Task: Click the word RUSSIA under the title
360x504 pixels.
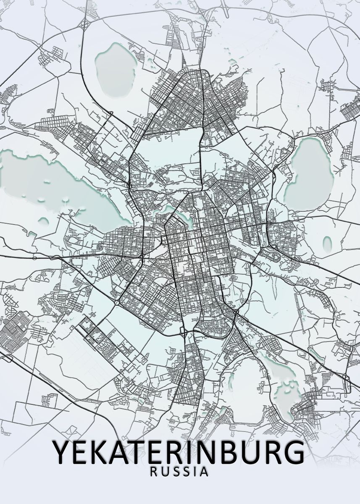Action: (x=180, y=472)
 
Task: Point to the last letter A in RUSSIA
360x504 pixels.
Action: (x=205, y=472)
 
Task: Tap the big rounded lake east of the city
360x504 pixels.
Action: (x=310, y=174)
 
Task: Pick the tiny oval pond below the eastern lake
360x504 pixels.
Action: (x=327, y=242)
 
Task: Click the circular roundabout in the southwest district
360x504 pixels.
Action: (x=116, y=302)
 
